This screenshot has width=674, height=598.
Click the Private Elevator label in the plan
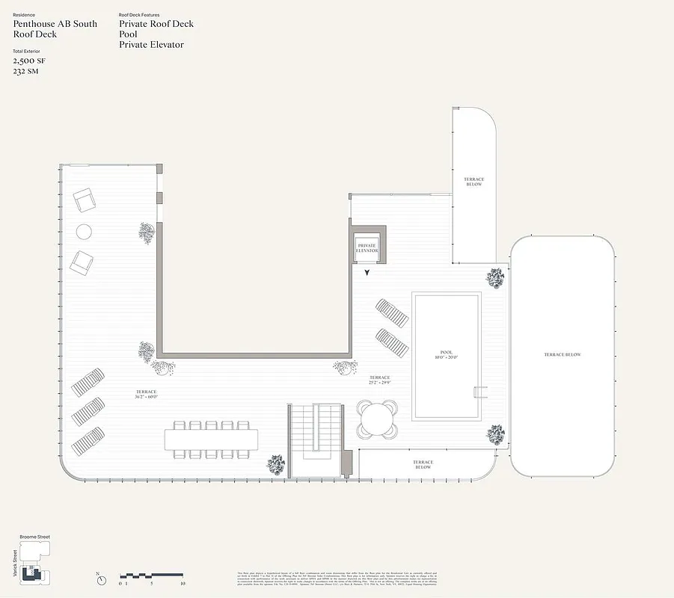pos(367,248)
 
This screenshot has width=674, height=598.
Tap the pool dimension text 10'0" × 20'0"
pos(447,356)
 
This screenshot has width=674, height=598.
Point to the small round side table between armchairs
pos(84,232)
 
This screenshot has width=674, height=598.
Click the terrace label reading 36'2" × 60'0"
pos(146,395)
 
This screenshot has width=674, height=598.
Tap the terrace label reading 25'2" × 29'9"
pos(381,382)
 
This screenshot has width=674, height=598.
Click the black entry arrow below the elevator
pos(366,274)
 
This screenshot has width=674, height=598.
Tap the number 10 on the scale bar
pos(183,584)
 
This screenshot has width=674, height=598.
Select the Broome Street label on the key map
pos(35,537)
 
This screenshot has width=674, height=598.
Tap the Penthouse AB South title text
pos(55,24)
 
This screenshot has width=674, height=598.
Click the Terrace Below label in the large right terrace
pos(562,354)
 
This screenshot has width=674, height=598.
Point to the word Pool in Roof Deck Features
pos(128,34)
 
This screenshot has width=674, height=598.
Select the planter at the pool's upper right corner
pos(494,279)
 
